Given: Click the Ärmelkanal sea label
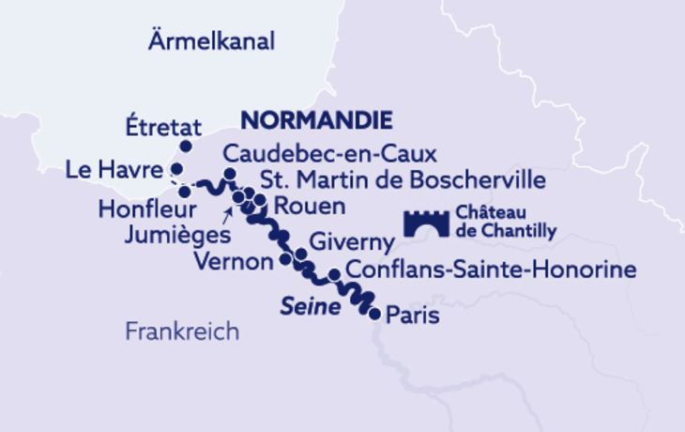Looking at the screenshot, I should click(211, 41).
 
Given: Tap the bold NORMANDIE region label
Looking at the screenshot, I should click(316, 120).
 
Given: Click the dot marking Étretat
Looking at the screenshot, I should click(186, 147).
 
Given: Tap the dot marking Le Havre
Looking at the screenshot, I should click(176, 169).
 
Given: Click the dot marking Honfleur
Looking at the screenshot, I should click(185, 192).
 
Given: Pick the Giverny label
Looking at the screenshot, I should click(352, 242).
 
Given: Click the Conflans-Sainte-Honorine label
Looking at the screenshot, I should click(491, 270).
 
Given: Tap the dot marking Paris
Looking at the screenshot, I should click(375, 315).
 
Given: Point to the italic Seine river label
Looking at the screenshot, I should click(310, 307).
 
